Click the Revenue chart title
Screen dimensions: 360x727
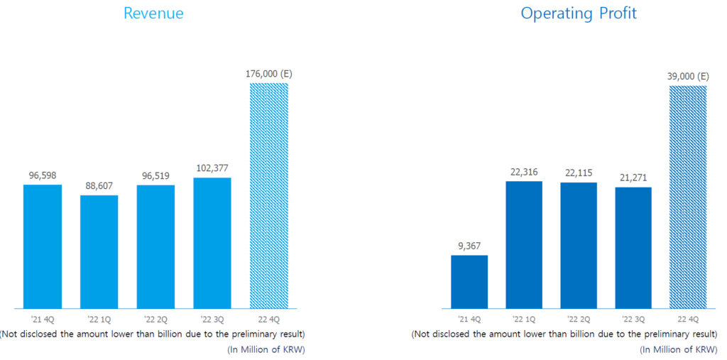[153, 13]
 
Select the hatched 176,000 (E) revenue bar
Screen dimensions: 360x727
[269, 195]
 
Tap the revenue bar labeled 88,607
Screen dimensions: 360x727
[99, 251]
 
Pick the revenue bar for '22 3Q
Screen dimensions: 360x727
[212, 243]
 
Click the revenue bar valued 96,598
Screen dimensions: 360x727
[42, 246]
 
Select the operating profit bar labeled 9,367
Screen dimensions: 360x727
[469, 282]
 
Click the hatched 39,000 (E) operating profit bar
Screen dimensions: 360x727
[689, 197]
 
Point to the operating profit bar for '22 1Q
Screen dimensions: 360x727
[524, 245]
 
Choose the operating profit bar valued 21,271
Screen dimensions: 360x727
[633, 248]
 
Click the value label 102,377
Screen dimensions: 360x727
[212, 168]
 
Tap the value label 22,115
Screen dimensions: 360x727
[579, 173]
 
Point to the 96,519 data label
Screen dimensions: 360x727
[155, 175]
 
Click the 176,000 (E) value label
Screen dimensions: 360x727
[269, 73]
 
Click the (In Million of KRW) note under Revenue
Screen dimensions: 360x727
[266, 349]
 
